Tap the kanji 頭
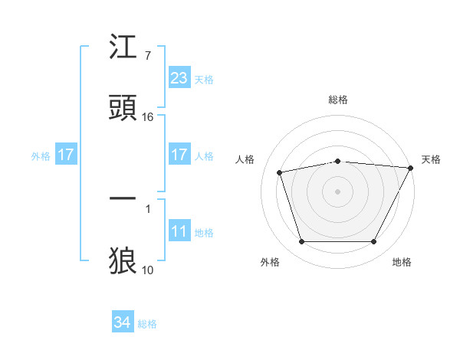(123, 108)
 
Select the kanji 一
(123, 198)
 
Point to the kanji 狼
(123, 260)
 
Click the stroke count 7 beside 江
(147, 56)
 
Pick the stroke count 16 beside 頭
(148, 117)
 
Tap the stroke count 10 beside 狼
(148, 270)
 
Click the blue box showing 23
(179, 78)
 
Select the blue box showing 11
(179, 232)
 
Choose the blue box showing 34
(123, 322)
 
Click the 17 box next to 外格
(66, 155)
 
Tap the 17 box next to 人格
(179, 155)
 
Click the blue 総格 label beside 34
(147, 324)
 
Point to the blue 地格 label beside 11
(204, 233)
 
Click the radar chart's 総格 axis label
(338, 100)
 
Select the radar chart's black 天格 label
(431, 159)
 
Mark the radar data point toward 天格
(412, 169)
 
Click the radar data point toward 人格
(280, 172)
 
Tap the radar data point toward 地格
(374, 242)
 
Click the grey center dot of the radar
(338, 191)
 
